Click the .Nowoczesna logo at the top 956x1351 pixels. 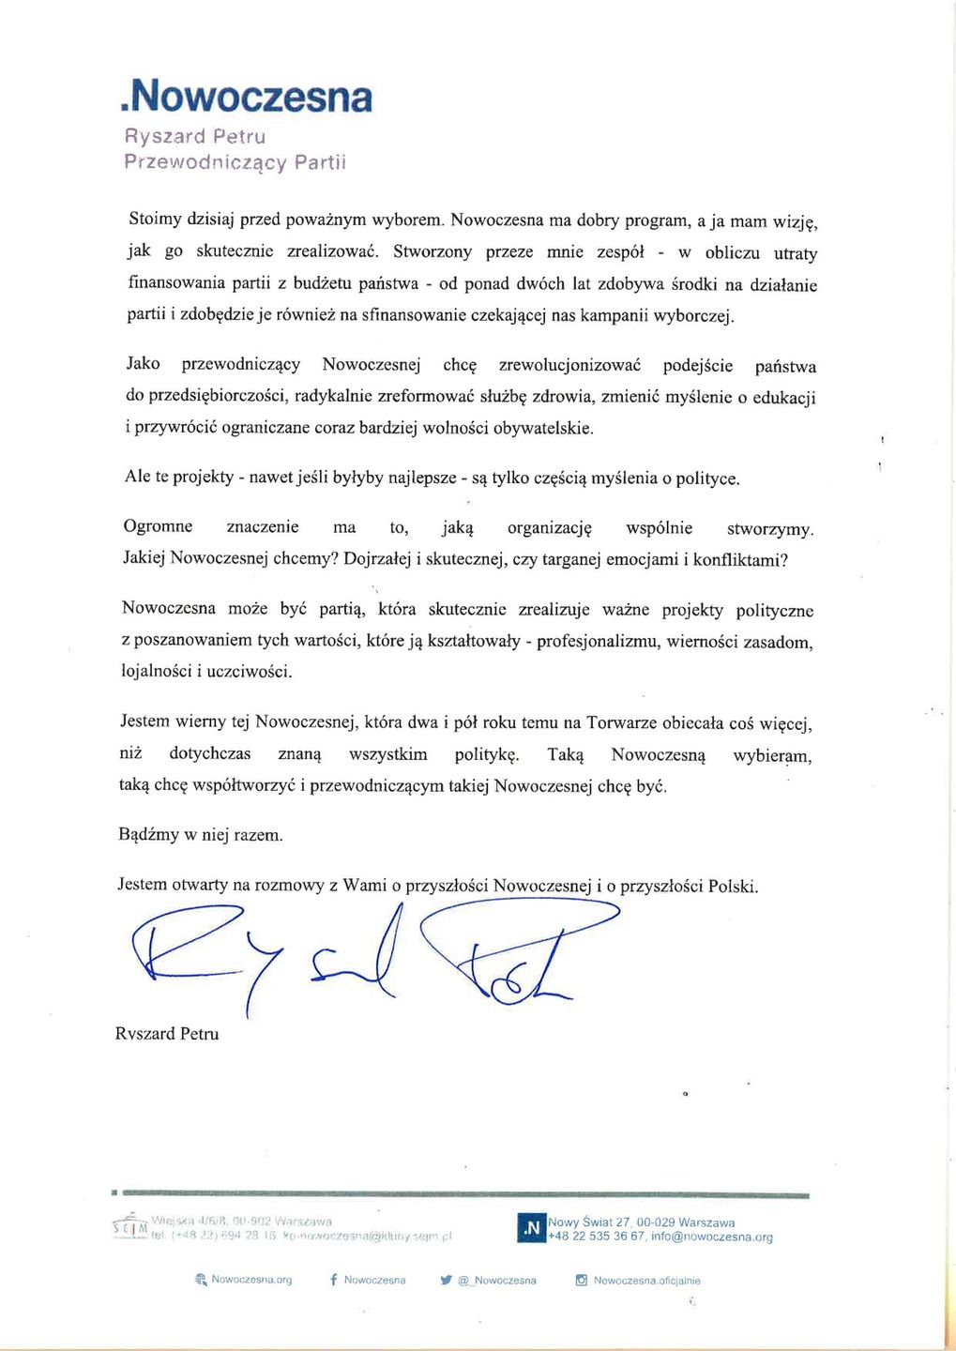[x=247, y=97]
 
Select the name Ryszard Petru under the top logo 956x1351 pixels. [x=195, y=137]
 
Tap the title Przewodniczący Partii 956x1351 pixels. [x=235, y=162]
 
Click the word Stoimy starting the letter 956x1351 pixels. [x=155, y=219]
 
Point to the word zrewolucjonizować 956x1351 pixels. [x=569, y=365]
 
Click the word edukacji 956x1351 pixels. [x=784, y=398]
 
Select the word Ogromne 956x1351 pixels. [x=158, y=526]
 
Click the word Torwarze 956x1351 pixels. [x=624, y=722]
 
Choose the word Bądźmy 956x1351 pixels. [x=148, y=834]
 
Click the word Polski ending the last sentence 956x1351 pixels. [x=732, y=886]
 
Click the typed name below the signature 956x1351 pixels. [x=167, y=1034]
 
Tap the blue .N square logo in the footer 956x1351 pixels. [x=531, y=1228]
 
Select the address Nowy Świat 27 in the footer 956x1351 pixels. [x=589, y=1222]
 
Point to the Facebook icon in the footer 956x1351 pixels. [x=334, y=1280]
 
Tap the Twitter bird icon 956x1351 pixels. [x=447, y=1280]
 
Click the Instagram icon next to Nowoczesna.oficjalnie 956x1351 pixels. [x=581, y=1280]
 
